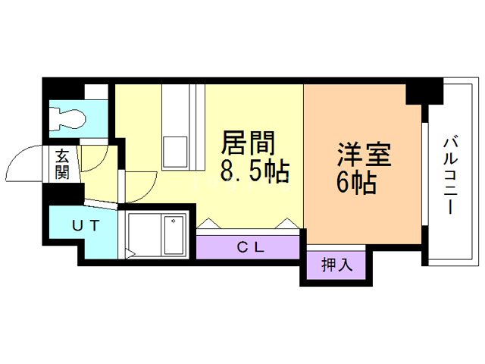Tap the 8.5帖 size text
click(x=255, y=173)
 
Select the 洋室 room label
click(x=364, y=155)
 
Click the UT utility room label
click(x=83, y=224)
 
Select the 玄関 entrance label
click(x=62, y=165)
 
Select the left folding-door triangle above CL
click(x=207, y=224)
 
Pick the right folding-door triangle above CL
click(x=289, y=224)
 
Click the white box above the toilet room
click(x=95, y=93)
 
